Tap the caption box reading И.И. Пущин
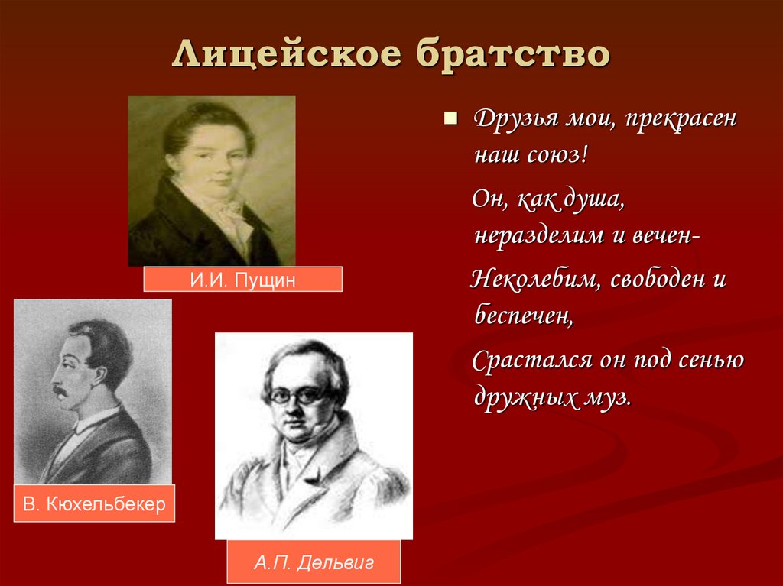coord(242,280)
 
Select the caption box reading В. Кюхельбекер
coord(94,504)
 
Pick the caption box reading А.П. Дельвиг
coord(314,564)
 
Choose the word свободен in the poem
coord(654,279)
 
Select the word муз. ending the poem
coord(609,398)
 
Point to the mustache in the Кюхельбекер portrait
coord(60,392)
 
